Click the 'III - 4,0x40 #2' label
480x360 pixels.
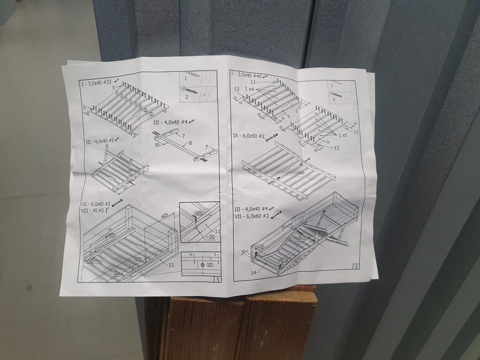tap(99, 141)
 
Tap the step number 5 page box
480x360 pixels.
tap(217, 280)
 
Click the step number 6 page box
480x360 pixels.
tap(356, 267)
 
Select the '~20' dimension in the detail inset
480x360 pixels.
tap(210, 237)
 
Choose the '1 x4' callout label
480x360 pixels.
tap(249, 89)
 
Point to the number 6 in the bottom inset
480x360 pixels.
tap(191, 255)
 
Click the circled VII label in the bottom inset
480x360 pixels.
tap(210, 265)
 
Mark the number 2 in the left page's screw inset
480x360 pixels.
tap(186, 97)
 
